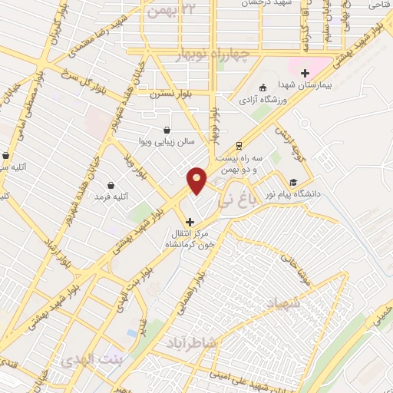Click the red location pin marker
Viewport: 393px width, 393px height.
click(x=197, y=180)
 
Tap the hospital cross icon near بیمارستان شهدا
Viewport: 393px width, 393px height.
click(x=305, y=72)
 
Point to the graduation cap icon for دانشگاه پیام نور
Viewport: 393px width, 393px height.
click(x=292, y=182)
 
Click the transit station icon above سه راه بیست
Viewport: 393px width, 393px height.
click(x=239, y=144)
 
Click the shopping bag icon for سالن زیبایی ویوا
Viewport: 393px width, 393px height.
click(x=167, y=130)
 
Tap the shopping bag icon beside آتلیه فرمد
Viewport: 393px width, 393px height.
click(x=112, y=185)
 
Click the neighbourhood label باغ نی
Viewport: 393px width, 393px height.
click(x=233, y=203)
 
